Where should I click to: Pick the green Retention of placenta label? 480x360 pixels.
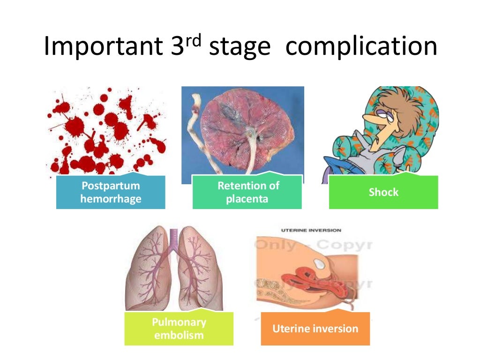[247, 192]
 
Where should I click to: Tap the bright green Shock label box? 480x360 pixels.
[383, 192]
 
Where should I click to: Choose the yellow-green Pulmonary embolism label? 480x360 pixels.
[179, 329]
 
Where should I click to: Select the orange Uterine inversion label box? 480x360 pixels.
[315, 329]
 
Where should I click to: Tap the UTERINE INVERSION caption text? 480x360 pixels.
[311, 230]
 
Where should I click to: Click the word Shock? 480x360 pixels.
[383, 192]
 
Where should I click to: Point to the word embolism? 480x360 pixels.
[179, 335]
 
